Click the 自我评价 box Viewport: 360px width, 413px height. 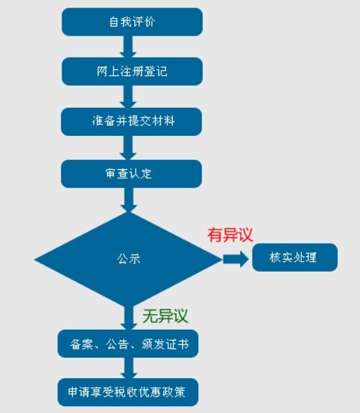[x=132, y=21]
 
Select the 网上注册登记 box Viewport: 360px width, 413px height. [x=132, y=72]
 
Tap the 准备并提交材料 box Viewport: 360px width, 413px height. [x=132, y=122]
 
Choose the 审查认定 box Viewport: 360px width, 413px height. [x=132, y=173]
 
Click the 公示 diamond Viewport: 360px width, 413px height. [x=128, y=259]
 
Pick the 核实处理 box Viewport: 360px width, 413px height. [x=294, y=258]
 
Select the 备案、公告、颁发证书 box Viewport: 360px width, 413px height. [x=128, y=345]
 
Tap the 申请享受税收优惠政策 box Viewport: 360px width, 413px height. [x=128, y=393]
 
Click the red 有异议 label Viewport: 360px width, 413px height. [x=230, y=235]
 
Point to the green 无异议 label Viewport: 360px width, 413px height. [x=165, y=315]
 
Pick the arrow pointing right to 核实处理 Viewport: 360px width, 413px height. [x=234, y=259]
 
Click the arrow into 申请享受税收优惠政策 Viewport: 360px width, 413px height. [x=128, y=369]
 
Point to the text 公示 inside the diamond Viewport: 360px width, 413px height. [x=128, y=259]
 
